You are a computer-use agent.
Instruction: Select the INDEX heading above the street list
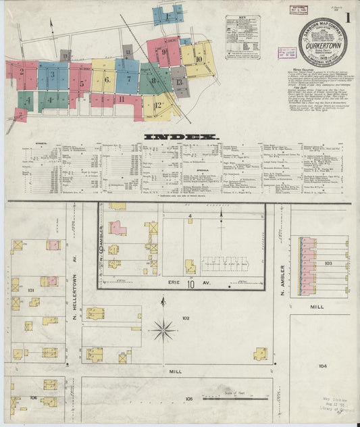coord(182,136)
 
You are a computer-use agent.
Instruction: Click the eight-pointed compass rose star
coord(163,330)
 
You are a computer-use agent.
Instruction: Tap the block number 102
coord(185,317)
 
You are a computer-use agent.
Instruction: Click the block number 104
coord(322,366)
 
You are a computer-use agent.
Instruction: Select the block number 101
coord(30,291)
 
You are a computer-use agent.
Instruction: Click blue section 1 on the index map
coord(166,14)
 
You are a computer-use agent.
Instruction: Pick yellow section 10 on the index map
coord(198,59)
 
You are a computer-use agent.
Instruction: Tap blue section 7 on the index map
coord(128,78)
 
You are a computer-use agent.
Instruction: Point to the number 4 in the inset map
coord(190,216)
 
